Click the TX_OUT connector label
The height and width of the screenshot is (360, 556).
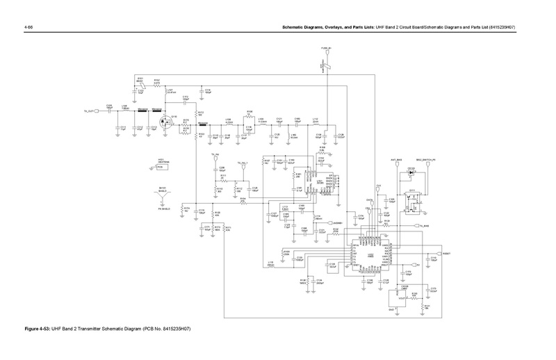[x=89, y=111]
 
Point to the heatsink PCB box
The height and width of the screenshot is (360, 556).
[x=159, y=167]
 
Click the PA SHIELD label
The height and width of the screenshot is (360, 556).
[x=164, y=208]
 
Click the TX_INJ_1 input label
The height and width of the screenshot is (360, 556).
[x=242, y=163]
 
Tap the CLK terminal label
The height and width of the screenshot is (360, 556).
[x=378, y=185]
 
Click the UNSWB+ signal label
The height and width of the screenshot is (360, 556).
[x=335, y=223]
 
